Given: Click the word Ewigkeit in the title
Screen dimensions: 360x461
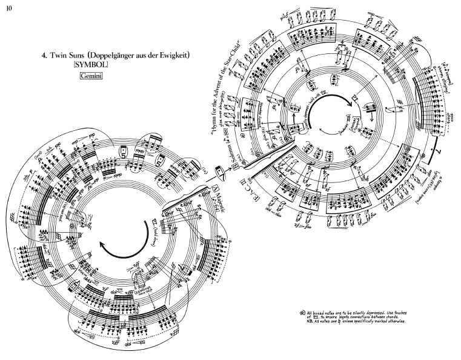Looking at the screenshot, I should (176, 56).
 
